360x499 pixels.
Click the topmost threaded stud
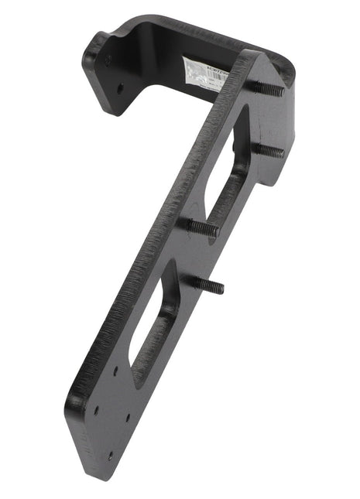pos(267,88)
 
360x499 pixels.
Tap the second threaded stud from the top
pos(269,149)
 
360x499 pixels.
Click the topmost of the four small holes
pos(115,371)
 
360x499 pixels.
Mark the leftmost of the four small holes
pos(95,411)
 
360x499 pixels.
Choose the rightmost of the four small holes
pos(129,418)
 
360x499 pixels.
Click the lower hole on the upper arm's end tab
pos(120,87)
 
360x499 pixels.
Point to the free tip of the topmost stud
pos(282,91)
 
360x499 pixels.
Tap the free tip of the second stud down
pos(283,152)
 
